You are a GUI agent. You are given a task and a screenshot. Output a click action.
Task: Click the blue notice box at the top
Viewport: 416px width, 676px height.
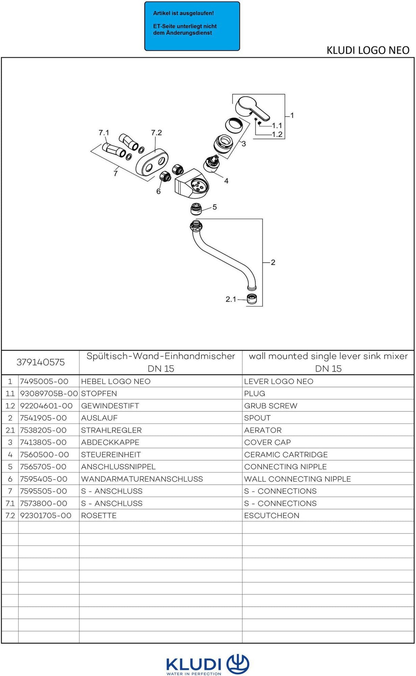(x=192, y=26)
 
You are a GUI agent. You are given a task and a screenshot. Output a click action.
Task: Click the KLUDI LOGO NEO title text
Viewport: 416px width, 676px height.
(x=368, y=50)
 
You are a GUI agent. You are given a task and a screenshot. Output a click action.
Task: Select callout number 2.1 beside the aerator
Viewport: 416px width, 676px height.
(x=231, y=299)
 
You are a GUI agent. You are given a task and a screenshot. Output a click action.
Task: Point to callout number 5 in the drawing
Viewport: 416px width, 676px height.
(x=215, y=207)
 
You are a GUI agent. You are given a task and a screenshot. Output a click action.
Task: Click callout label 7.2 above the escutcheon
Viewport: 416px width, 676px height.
(x=156, y=133)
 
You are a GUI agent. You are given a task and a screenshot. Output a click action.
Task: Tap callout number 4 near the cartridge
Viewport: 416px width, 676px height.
(x=226, y=181)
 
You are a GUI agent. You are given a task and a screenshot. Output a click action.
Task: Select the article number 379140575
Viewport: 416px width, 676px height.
(x=41, y=362)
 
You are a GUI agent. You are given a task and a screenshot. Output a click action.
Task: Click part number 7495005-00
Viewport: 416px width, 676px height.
(x=44, y=381)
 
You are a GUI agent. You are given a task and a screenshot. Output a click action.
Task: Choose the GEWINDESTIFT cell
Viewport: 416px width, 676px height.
(x=110, y=406)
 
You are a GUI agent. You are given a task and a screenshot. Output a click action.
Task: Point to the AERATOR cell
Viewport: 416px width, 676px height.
(x=263, y=430)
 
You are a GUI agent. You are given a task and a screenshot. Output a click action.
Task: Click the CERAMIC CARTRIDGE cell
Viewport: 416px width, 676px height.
(x=286, y=455)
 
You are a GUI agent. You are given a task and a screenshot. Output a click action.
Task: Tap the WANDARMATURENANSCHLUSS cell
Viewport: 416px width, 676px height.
(x=142, y=479)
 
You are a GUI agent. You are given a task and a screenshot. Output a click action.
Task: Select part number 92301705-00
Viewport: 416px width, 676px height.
(x=46, y=516)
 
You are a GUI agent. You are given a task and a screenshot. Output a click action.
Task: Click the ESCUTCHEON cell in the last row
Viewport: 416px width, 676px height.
(x=272, y=516)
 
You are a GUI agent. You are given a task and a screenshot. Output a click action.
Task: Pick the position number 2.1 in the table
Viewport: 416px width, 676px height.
(x=10, y=430)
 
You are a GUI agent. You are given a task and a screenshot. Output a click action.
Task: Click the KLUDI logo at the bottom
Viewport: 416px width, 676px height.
(x=208, y=664)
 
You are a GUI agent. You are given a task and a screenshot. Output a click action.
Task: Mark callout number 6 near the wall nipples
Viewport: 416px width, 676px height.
(x=158, y=192)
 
